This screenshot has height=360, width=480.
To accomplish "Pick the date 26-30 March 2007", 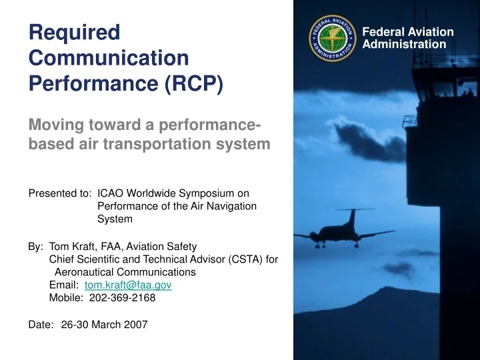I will [x=104, y=325].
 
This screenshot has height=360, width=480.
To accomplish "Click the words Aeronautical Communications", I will [x=125, y=272].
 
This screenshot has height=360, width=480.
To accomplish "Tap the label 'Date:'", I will [x=41, y=325].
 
